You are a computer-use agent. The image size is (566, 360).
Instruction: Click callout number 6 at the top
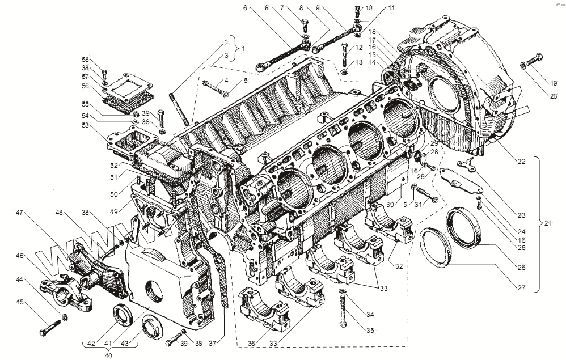coord(245,8)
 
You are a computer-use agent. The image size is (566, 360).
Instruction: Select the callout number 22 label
coord(521,161)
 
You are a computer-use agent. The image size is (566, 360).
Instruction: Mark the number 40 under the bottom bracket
coord(107,355)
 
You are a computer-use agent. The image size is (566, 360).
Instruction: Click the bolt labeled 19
coord(532,60)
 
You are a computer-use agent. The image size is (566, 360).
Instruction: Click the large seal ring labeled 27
coord(436,245)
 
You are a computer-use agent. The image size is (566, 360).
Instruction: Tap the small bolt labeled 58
coord(104,73)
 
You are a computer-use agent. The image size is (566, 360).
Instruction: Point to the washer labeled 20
coord(521,67)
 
